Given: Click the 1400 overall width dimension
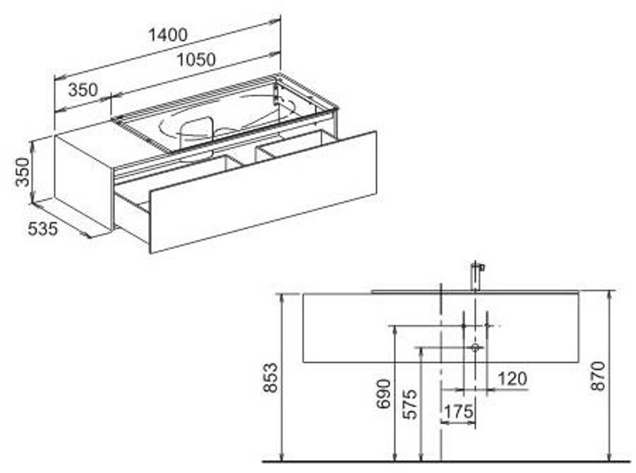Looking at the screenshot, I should [x=167, y=35].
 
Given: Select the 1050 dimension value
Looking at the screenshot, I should [x=196, y=60].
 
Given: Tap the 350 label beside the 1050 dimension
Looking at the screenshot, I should [x=83, y=90].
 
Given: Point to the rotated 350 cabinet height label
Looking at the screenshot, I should [x=23, y=172].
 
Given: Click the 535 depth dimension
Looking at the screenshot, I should [x=43, y=230].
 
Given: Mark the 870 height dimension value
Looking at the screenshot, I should [x=599, y=376].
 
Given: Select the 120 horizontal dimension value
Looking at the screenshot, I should [x=512, y=379].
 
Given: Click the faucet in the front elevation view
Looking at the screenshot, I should [x=476, y=276].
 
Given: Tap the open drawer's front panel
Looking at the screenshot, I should [x=263, y=191].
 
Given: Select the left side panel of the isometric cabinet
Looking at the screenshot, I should [x=83, y=181].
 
